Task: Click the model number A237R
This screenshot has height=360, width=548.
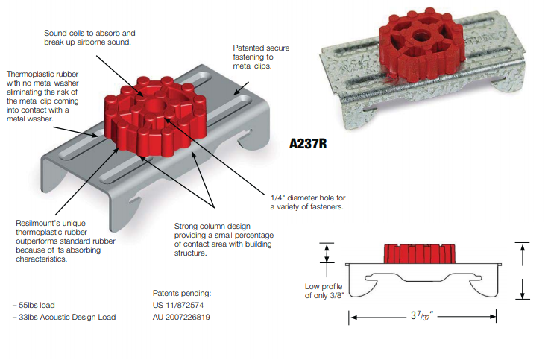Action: point(308,143)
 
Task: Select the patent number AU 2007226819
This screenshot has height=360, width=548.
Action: point(181,317)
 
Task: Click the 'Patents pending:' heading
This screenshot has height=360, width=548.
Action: point(182,293)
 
